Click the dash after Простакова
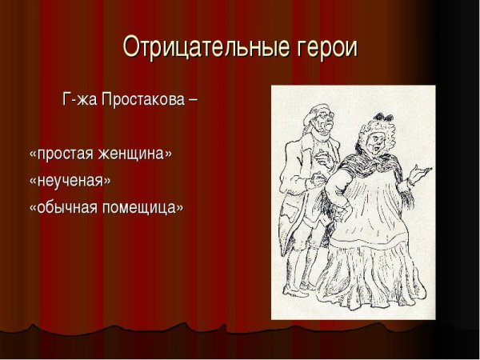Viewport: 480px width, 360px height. tap(192, 102)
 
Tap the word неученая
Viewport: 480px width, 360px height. tap(70, 179)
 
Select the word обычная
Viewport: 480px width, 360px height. tap(65, 206)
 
